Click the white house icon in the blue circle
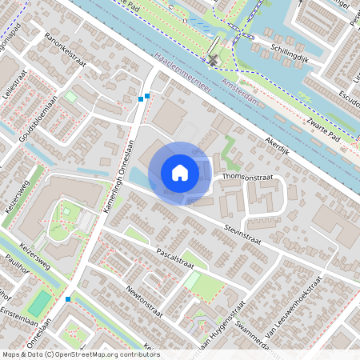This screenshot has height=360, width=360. point(180,172)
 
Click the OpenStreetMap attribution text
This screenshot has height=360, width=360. point(80,354)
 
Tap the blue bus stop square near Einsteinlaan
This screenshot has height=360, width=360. point(69,299)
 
